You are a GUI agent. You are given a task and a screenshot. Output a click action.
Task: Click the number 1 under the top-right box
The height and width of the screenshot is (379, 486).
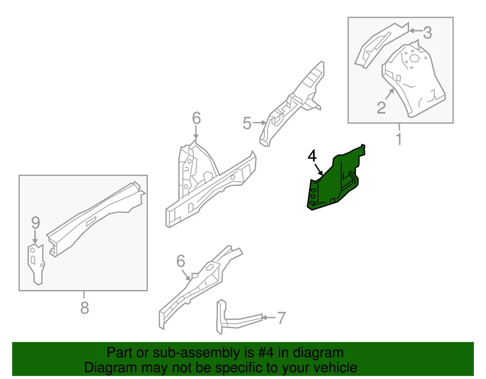click(x=399, y=138)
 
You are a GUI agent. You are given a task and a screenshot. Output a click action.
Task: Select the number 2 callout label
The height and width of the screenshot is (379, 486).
click(x=381, y=107)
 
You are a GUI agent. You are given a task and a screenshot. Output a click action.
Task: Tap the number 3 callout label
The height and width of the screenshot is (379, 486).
click(x=427, y=33)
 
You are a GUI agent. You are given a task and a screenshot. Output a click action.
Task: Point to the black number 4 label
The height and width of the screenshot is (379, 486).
click(x=312, y=156)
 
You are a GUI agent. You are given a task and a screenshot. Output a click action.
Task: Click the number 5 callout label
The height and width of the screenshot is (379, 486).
click(x=247, y=123)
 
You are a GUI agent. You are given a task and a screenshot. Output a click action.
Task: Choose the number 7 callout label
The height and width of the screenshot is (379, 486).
click(x=281, y=318)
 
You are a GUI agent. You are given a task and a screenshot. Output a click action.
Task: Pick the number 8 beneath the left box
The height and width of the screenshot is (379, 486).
click(x=84, y=307)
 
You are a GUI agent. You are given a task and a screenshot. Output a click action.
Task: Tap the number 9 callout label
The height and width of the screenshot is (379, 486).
click(x=35, y=222)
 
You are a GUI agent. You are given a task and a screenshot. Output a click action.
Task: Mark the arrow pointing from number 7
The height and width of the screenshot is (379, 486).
click(x=268, y=318)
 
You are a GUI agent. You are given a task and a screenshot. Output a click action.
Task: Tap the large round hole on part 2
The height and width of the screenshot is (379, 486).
click(x=414, y=59)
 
